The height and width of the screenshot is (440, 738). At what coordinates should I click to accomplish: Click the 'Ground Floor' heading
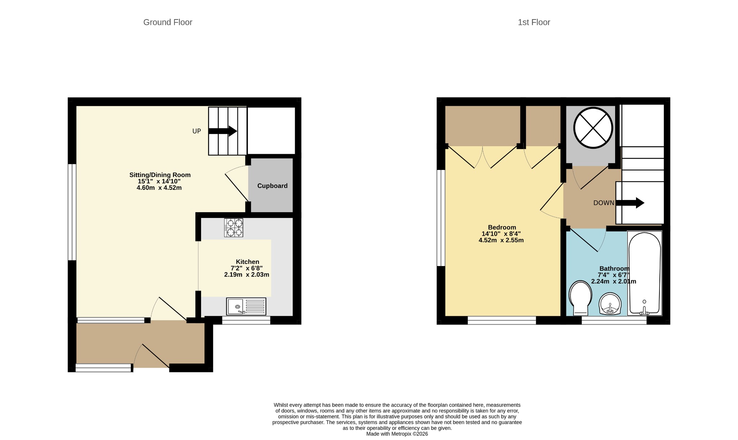(x=168, y=22)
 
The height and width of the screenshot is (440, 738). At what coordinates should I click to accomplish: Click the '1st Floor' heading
(x=534, y=22)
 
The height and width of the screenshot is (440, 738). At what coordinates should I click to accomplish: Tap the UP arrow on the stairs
(x=223, y=131)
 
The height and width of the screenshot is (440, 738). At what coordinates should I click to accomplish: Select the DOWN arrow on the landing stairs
(x=630, y=203)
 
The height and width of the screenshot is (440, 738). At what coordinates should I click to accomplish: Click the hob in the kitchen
(x=234, y=228)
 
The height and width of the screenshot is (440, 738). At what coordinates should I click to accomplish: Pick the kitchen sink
(x=246, y=306)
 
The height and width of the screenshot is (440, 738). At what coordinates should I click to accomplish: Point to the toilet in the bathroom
(x=580, y=298)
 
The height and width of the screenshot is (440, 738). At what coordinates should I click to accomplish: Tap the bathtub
(x=645, y=273)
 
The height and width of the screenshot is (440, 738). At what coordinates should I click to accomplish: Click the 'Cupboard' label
(x=272, y=186)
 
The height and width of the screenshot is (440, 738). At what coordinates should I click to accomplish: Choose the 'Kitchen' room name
(x=248, y=262)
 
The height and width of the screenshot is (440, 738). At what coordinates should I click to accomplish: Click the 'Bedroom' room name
(x=502, y=227)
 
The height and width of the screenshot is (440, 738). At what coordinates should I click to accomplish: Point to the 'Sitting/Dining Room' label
(x=160, y=175)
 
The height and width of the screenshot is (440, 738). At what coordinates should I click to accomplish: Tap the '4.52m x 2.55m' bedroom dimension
(x=501, y=240)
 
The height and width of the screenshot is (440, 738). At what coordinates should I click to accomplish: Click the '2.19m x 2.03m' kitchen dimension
(x=247, y=275)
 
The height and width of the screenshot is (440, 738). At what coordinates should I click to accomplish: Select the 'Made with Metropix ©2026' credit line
(x=397, y=434)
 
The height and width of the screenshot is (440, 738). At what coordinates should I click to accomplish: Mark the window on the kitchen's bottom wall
(x=246, y=320)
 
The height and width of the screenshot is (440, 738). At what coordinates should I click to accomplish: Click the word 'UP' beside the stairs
(x=196, y=131)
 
